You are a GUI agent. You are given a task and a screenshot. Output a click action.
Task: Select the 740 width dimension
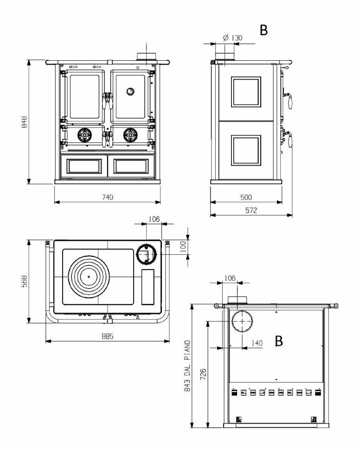pyautogui.click(x=107, y=197)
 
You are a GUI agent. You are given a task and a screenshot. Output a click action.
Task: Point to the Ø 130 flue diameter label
pyautogui.click(x=233, y=38)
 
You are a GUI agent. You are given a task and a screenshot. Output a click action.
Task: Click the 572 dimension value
pyautogui.click(x=251, y=210)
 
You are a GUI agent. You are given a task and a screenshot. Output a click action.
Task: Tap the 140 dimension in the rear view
pyautogui.click(x=257, y=343)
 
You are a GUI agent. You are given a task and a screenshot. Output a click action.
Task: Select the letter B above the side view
pyautogui.click(x=264, y=31)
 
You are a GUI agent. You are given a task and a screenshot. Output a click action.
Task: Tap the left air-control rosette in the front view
pyautogui.click(x=84, y=135)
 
